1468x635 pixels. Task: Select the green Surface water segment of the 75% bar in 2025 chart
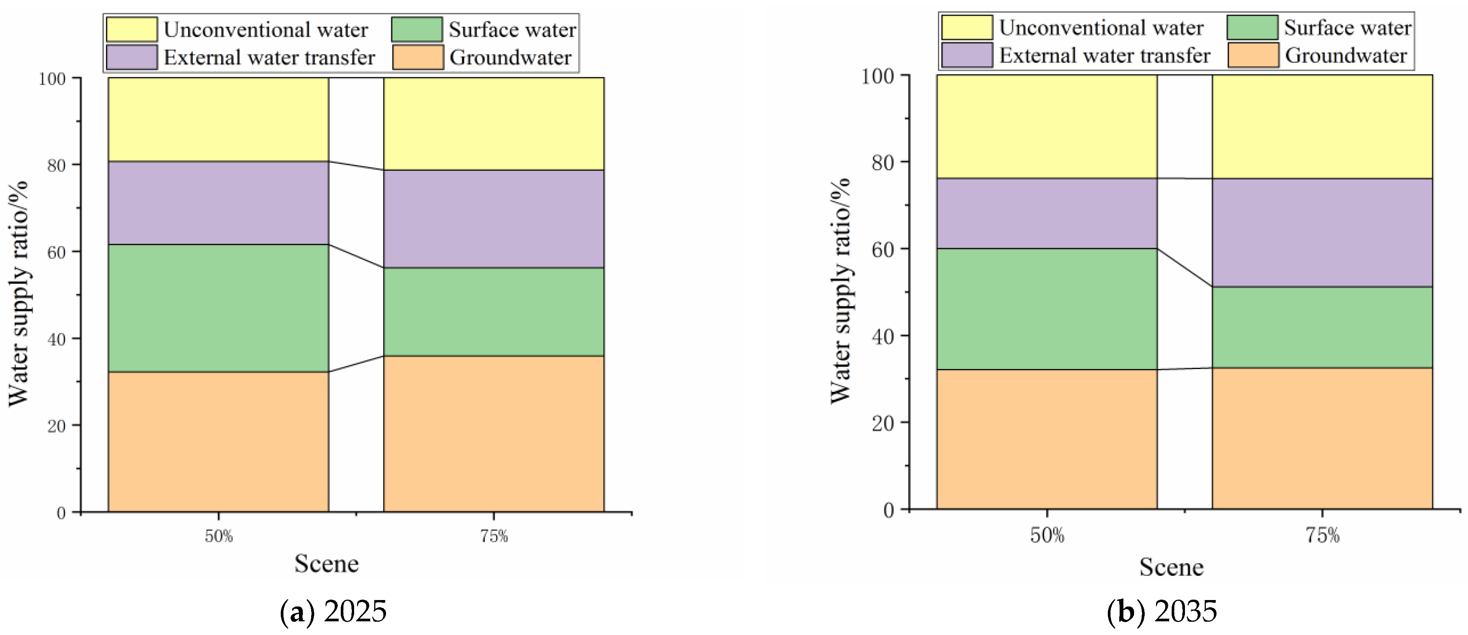click(494, 312)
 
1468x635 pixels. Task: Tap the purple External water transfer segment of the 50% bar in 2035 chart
click(1047, 213)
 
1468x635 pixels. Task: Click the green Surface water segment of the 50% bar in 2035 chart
click(1047, 309)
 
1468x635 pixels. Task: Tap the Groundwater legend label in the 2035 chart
click(1346, 56)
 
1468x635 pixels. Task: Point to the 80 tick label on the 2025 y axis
click(56, 165)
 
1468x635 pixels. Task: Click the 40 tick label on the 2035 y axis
click(883, 336)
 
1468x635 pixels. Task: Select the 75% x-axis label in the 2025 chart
click(494, 537)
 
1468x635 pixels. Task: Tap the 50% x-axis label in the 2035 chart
click(1047, 535)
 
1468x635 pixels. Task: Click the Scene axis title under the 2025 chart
click(327, 564)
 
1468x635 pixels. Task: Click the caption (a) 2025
click(334, 611)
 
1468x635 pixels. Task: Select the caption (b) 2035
click(1162, 611)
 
